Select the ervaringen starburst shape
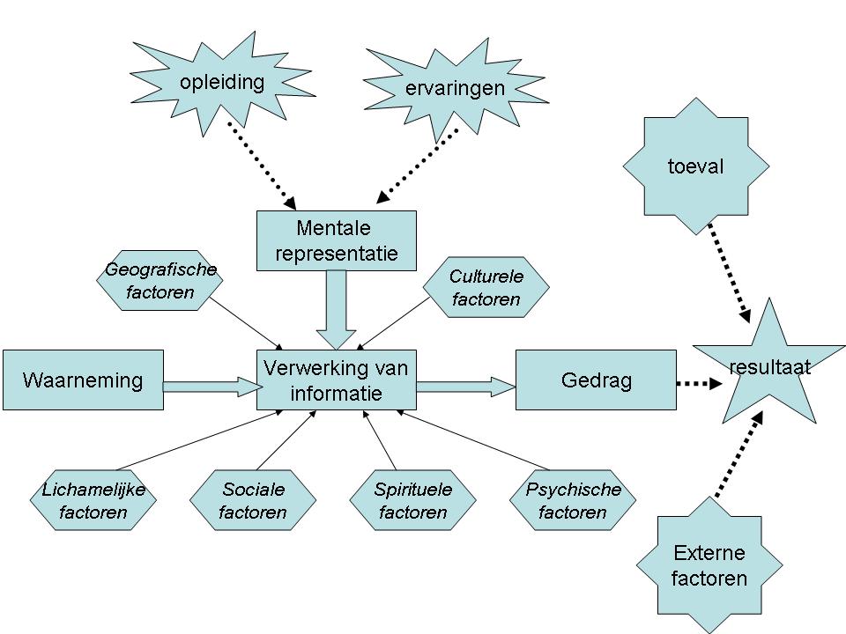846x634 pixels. click(455, 88)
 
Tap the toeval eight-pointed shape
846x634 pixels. click(695, 166)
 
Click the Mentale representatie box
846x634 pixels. click(336, 241)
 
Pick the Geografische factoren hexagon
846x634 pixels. click(160, 280)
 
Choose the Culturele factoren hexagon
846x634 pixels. click(486, 287)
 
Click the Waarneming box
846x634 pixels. click(82, 380)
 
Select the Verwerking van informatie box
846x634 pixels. click(336, 380)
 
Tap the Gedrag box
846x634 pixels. click(596, 380)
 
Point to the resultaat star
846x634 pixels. click(768, 368)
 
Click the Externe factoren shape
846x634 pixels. click(709, 565)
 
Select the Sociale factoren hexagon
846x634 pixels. click(253, 500)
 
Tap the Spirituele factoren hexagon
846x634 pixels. click(412, 500)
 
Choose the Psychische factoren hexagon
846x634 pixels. click(573, 500)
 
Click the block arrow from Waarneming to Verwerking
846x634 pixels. click(208, 385)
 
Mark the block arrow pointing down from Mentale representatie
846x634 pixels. click(335, 308)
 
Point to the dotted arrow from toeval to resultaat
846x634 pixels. click(728, 269)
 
